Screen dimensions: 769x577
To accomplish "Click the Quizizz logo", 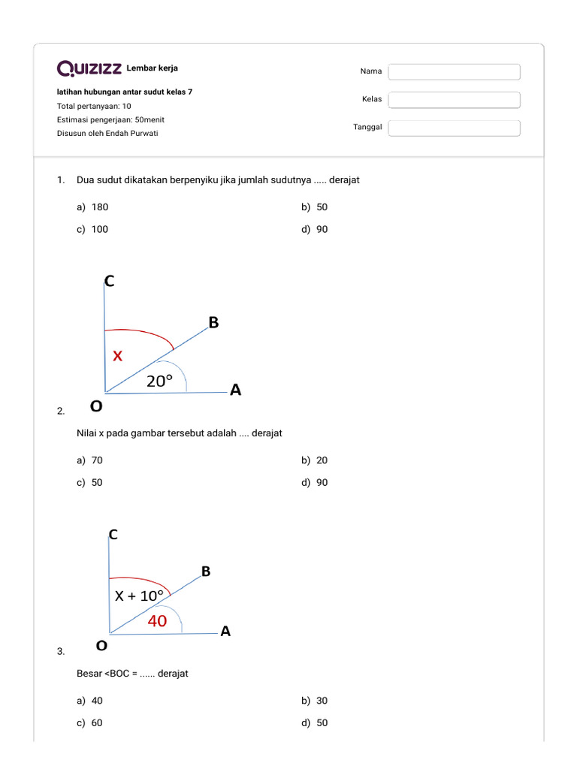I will point(89,69).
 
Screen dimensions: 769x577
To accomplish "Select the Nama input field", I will point(455,71).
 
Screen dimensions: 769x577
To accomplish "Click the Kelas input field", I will point(455,100).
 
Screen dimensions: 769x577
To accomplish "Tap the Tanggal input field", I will point(455,128).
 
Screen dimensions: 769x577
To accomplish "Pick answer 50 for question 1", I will point(322,207).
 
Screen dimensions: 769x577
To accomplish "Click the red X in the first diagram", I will point(117,357).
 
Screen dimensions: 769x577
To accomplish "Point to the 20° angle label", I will point(159,381).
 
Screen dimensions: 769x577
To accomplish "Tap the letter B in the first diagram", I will point(213,322).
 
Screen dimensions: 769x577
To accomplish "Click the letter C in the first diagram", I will point(109,282).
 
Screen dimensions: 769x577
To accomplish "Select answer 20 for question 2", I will point(322,460).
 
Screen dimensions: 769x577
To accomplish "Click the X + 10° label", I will point(139,596).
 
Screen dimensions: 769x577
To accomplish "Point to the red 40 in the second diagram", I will point(157,621).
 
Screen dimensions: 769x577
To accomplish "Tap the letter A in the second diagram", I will point(225,632).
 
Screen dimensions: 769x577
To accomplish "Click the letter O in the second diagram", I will point(101,645).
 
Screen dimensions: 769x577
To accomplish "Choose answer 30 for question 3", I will point(322,701).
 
